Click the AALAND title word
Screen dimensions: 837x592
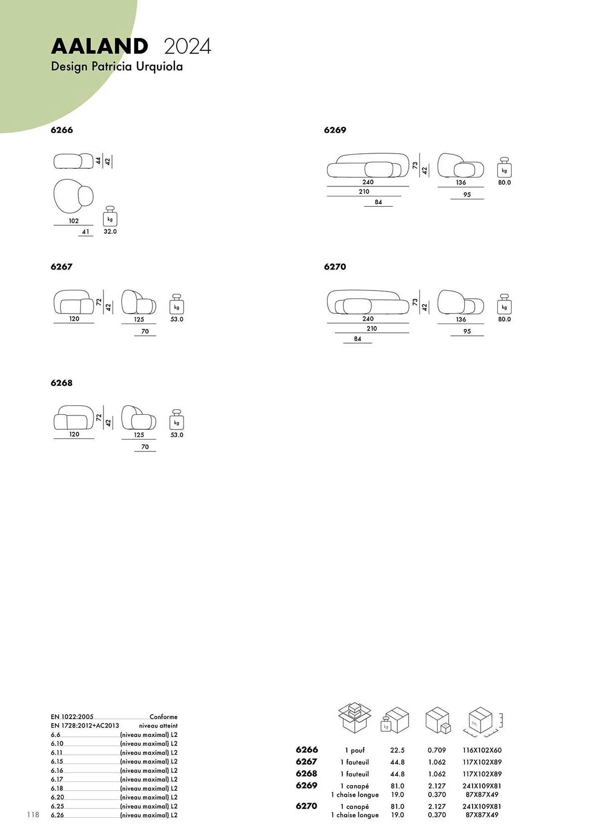99,46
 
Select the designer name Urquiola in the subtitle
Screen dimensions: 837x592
159,67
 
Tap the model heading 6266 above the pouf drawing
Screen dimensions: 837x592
62,130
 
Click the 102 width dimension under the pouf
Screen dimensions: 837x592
74,221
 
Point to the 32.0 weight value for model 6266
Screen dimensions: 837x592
110,231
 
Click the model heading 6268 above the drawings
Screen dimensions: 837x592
62,383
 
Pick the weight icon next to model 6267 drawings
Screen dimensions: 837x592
177,304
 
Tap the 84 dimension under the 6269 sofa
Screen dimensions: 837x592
378,202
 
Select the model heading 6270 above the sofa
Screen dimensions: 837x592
335,267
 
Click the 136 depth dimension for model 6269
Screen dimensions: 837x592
461,182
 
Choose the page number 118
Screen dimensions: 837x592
33,814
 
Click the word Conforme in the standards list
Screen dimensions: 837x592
163,717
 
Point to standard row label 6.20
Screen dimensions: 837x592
57,797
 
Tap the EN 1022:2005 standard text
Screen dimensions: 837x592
72,717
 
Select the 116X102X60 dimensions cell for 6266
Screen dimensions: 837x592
482,750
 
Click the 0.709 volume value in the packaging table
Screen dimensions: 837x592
437,750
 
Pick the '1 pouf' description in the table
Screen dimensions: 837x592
355,750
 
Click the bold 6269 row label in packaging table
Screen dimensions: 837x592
306,786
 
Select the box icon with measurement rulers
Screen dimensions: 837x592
482,721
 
